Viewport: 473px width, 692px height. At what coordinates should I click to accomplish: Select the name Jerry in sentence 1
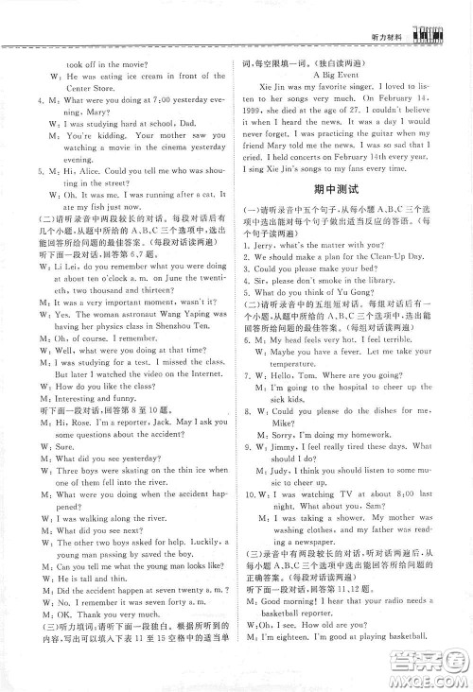tap(268, 271)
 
